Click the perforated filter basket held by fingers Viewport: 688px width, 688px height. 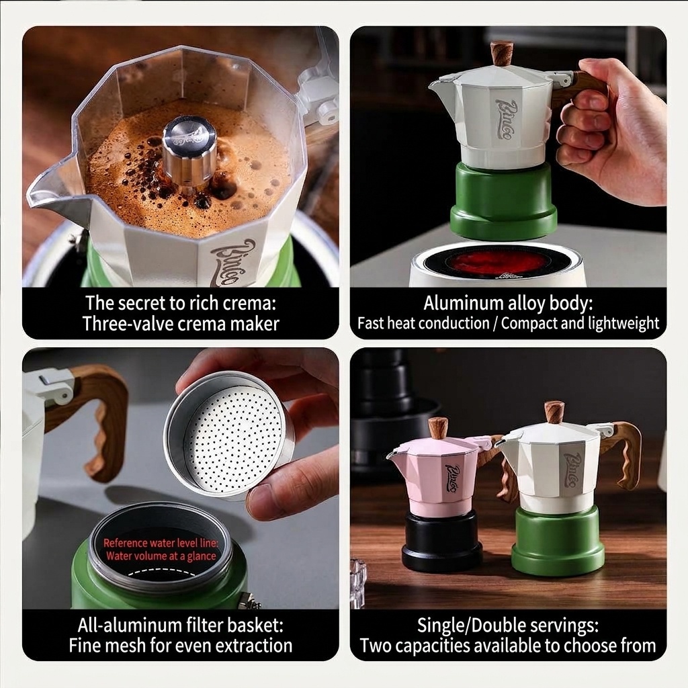[x=228, y=435]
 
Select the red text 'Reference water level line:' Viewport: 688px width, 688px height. [x=161, y=543]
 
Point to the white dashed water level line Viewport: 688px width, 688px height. [x=162, y=572]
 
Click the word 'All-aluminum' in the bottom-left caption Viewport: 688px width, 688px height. [x=127, y=625]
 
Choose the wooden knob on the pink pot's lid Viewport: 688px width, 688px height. [x=438, y=429]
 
